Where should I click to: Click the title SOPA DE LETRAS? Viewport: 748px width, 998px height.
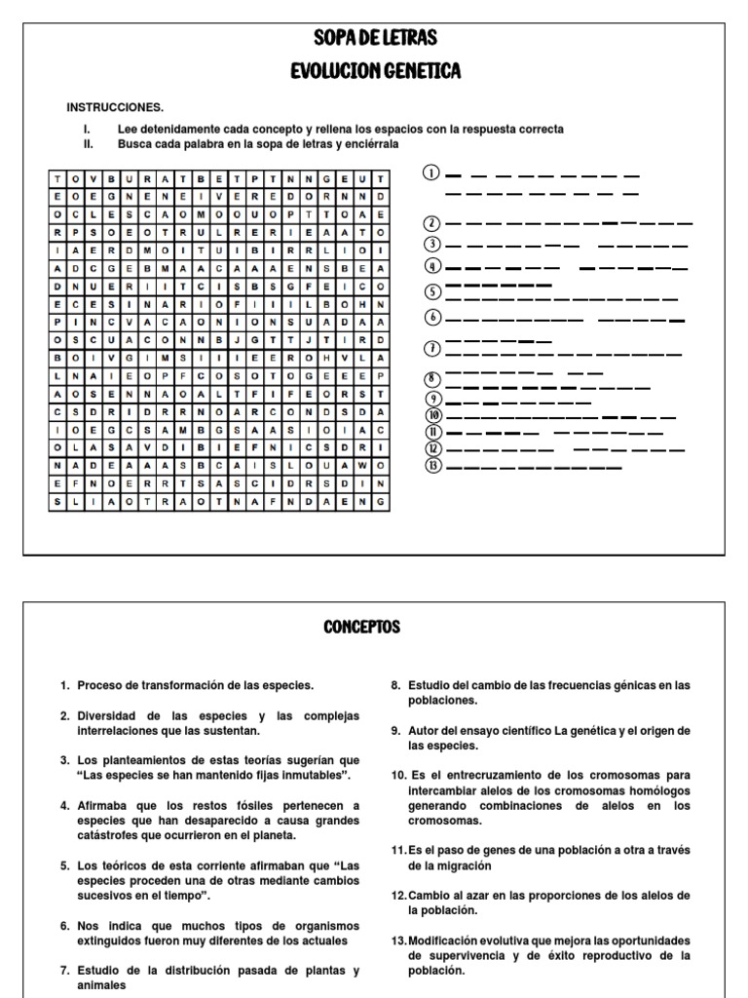pyautogui.click(x=375, y=39)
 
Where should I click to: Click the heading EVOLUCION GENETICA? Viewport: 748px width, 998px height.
pyautogui.click(x=375, y=71)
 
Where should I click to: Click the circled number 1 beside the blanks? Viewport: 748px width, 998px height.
pyautogui.click(x=430, y=173)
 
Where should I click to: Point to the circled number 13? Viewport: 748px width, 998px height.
pyautogui.click(x=434, y=466)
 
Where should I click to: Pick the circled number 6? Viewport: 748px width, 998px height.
pyautogui.click(x=434, y=318)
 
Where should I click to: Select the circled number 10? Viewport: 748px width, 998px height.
pyautogui.click(x=434, y=415)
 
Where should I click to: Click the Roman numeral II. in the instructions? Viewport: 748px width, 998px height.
pyautogui.click(x=87, y=143)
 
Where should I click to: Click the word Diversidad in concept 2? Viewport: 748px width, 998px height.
pyautogui.click(x=109, y=715)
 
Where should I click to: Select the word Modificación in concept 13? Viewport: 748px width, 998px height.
pyautogui.click(x=446, y=940)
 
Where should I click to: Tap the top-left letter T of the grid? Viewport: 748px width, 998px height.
pyautogui.click(x=58, y=179)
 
